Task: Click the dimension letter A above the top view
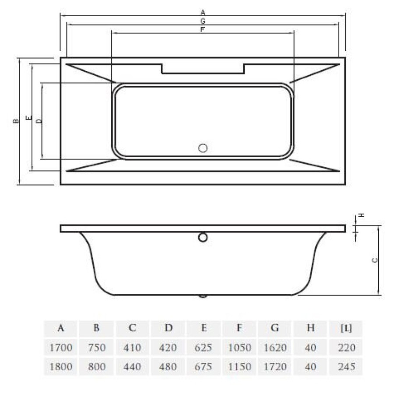pos(203,12)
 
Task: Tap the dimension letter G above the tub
pos(203,21)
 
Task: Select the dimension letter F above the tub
pos(203,29)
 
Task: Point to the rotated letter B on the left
pos(16,121)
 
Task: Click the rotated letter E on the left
pos(29,117)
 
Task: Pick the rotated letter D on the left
pos(39,121)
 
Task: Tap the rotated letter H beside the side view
pos(361,215)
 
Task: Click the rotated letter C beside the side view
pos(375,260)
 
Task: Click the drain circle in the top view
pos(203,148)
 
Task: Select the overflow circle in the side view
pos(203,237)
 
